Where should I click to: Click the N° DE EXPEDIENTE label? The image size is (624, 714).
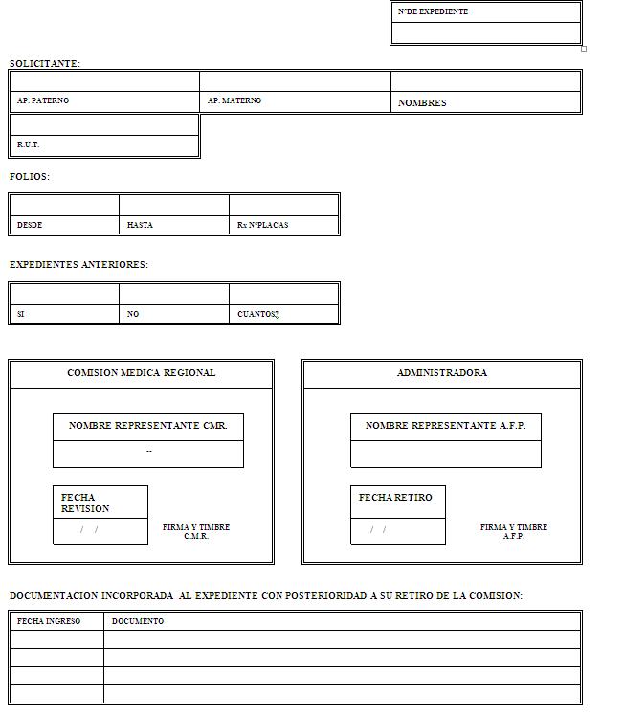(433, 12)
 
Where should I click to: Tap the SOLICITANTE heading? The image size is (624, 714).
(44, 64)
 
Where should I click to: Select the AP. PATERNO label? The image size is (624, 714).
(43, 100)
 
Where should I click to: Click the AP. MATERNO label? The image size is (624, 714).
(234, 100)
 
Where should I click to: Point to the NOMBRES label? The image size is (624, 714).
(422, 103)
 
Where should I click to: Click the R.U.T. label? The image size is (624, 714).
(29, 145)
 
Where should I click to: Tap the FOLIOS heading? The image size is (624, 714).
(30, 177)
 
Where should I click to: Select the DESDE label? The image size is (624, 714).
(30, 225)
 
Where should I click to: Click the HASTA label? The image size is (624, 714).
(140, 225)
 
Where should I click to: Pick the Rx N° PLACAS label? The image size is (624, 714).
(262, 225)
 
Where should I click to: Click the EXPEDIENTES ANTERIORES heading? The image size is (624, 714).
(78, 265)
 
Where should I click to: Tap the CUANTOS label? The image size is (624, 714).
(257, 314)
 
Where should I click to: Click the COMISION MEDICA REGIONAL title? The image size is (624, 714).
(142, 373)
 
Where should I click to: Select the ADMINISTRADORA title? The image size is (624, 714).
(442, 373)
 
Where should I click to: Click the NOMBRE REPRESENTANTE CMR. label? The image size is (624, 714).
(148, 426)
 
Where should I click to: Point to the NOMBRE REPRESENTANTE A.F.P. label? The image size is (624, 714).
(446, 426)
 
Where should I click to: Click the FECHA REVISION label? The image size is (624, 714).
(85, 502)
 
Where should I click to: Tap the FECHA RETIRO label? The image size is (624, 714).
(395, 498)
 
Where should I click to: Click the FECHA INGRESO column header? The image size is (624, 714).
(49, 621)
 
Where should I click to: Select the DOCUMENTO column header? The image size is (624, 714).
(138, 621)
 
